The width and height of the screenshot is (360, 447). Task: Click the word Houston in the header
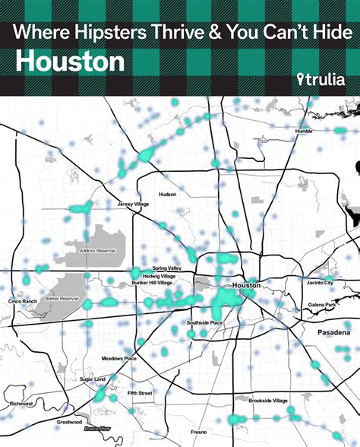tap(70, 61)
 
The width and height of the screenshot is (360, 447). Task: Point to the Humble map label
tap(304, 131)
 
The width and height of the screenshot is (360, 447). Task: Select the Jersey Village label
tap(134, 204)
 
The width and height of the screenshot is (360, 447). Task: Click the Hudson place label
tap(167, 195)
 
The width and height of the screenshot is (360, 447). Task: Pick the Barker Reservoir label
tap(63, 299)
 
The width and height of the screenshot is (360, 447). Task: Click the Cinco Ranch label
tap(23, 301)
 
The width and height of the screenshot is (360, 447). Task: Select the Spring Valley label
tap(166, 268)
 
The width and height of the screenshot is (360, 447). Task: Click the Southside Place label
tap(205, 322)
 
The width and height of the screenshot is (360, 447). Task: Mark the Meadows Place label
tap(119, 358)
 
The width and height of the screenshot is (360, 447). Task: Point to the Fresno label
tap(199, 432)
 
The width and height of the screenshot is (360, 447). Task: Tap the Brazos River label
tap(97, 430)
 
